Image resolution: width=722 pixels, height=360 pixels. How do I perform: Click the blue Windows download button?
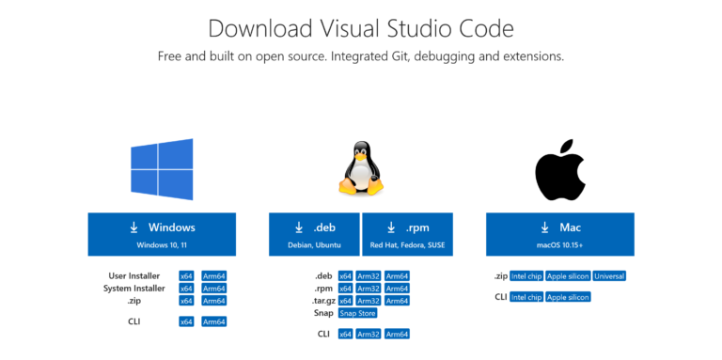pyautogui.click(x=162, y=234)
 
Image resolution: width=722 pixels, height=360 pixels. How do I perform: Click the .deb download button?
pyautogui.click(x=313, y=234)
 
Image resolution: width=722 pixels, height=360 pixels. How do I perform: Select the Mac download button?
pyautogui.click(x=559, y=234)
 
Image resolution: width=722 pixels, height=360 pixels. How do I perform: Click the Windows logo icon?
pyautogui.click(x=163, y=169)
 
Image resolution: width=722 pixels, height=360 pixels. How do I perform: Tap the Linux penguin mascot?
pyautogui.click(x=360, y=168)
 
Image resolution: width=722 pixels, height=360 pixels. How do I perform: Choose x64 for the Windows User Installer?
pyautogui.click(x=186, y=276)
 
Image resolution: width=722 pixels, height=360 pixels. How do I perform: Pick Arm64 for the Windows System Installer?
pyautogui.click(x=213, y=289)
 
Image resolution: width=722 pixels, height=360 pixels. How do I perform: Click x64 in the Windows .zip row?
pyautogui.click(x=186, y=301)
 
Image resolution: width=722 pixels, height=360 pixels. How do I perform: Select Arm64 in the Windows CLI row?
pyautogui.click(x=213, y=321)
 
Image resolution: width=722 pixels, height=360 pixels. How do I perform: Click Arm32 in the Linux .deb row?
pyautogui.click(x=369, y=276)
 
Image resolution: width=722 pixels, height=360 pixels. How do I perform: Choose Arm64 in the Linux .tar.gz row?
pyautogui.click(x=397, y=301)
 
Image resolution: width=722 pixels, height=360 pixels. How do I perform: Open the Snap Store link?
pyautogui.click(x=358, y=313)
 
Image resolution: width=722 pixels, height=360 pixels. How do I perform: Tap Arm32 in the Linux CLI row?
pyautogui.click(x=369, y=334)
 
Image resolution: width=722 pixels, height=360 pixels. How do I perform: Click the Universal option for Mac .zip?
pyautogui.click(x=609, y=276)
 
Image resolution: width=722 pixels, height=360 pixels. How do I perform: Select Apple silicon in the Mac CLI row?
pyautogui.click(x=568, y=297)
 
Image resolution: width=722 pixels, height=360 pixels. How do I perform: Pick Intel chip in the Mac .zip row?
pyautogui.click(x=526, y=276)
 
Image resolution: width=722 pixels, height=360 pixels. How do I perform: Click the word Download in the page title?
pyautogui.click(x=251, y=27)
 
